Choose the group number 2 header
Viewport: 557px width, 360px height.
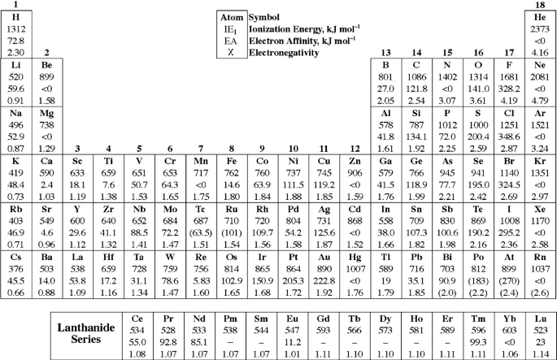click(x=46, y=54)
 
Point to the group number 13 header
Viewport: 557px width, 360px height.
click(x=386, y=54)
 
